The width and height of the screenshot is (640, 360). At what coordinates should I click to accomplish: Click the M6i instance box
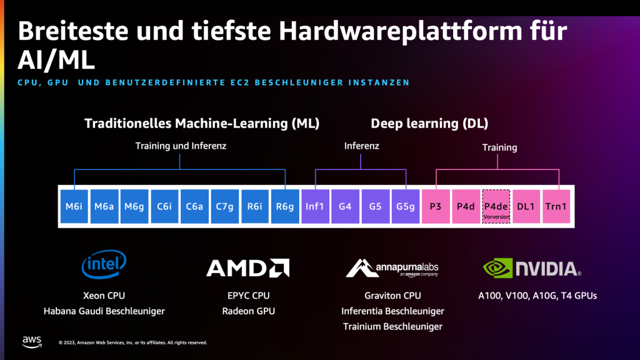74,206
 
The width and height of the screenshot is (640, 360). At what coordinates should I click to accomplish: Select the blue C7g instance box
225,206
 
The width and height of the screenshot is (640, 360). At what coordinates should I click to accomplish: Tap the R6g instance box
285,206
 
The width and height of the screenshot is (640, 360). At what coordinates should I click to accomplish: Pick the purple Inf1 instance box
315,206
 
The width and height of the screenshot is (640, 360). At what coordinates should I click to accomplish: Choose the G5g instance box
406,206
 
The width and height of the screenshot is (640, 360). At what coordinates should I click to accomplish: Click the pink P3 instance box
436,206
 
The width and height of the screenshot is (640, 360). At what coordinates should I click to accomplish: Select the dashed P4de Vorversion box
497,207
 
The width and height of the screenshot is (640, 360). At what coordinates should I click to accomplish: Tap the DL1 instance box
526,206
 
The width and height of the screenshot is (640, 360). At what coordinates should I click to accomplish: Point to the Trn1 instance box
556,206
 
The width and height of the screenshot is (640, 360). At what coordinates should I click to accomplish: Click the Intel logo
104,264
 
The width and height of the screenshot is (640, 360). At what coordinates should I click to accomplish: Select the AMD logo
247,268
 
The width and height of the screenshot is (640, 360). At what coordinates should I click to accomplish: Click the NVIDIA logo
532,269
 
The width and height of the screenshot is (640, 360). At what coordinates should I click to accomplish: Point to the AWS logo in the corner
32,341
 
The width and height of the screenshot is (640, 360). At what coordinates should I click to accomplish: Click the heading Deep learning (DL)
429,123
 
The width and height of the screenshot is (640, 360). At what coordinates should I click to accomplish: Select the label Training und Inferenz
181,146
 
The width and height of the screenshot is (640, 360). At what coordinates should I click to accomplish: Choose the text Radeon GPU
248,311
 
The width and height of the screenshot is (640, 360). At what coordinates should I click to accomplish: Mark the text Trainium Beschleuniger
392,326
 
